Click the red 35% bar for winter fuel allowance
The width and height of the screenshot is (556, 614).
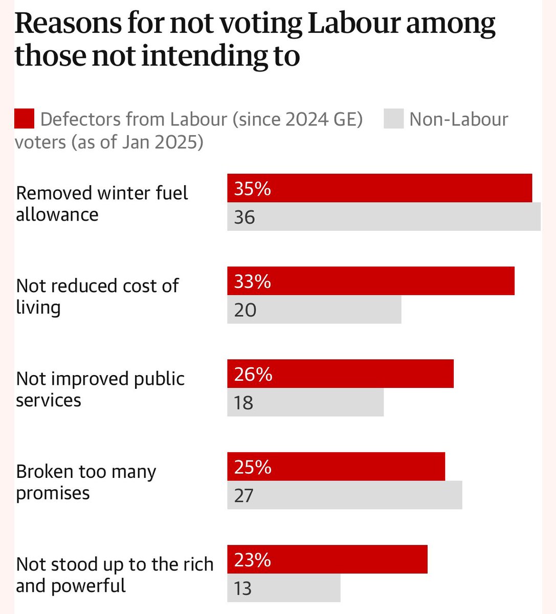tap(380, 188)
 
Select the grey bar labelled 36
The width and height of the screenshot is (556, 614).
tap(384, 217)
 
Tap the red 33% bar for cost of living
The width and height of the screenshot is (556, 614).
tap(371, 281)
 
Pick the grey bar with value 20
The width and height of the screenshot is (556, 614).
tap(314, 310)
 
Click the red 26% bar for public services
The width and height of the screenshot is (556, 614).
tap(340, 374)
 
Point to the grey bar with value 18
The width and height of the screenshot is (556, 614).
tap(305, 402)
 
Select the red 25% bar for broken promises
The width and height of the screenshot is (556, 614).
tap(336, 467)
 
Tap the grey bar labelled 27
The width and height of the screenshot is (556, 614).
tap(345, 495)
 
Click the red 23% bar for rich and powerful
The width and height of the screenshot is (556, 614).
tap(327, 559)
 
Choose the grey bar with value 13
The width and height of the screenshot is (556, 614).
tap(284, 588)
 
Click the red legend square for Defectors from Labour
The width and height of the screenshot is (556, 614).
tap(24, 119)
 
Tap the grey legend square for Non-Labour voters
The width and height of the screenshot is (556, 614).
tap(393, 119)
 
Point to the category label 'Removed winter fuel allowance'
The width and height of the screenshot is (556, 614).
tap(102, 203)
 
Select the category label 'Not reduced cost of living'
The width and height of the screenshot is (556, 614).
tap(97, 296)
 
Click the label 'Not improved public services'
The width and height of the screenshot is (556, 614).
tap(100, 389)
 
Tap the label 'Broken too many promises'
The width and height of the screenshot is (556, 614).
tap(86, 481)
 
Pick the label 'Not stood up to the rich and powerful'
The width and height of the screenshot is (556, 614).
tap(115, 575)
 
